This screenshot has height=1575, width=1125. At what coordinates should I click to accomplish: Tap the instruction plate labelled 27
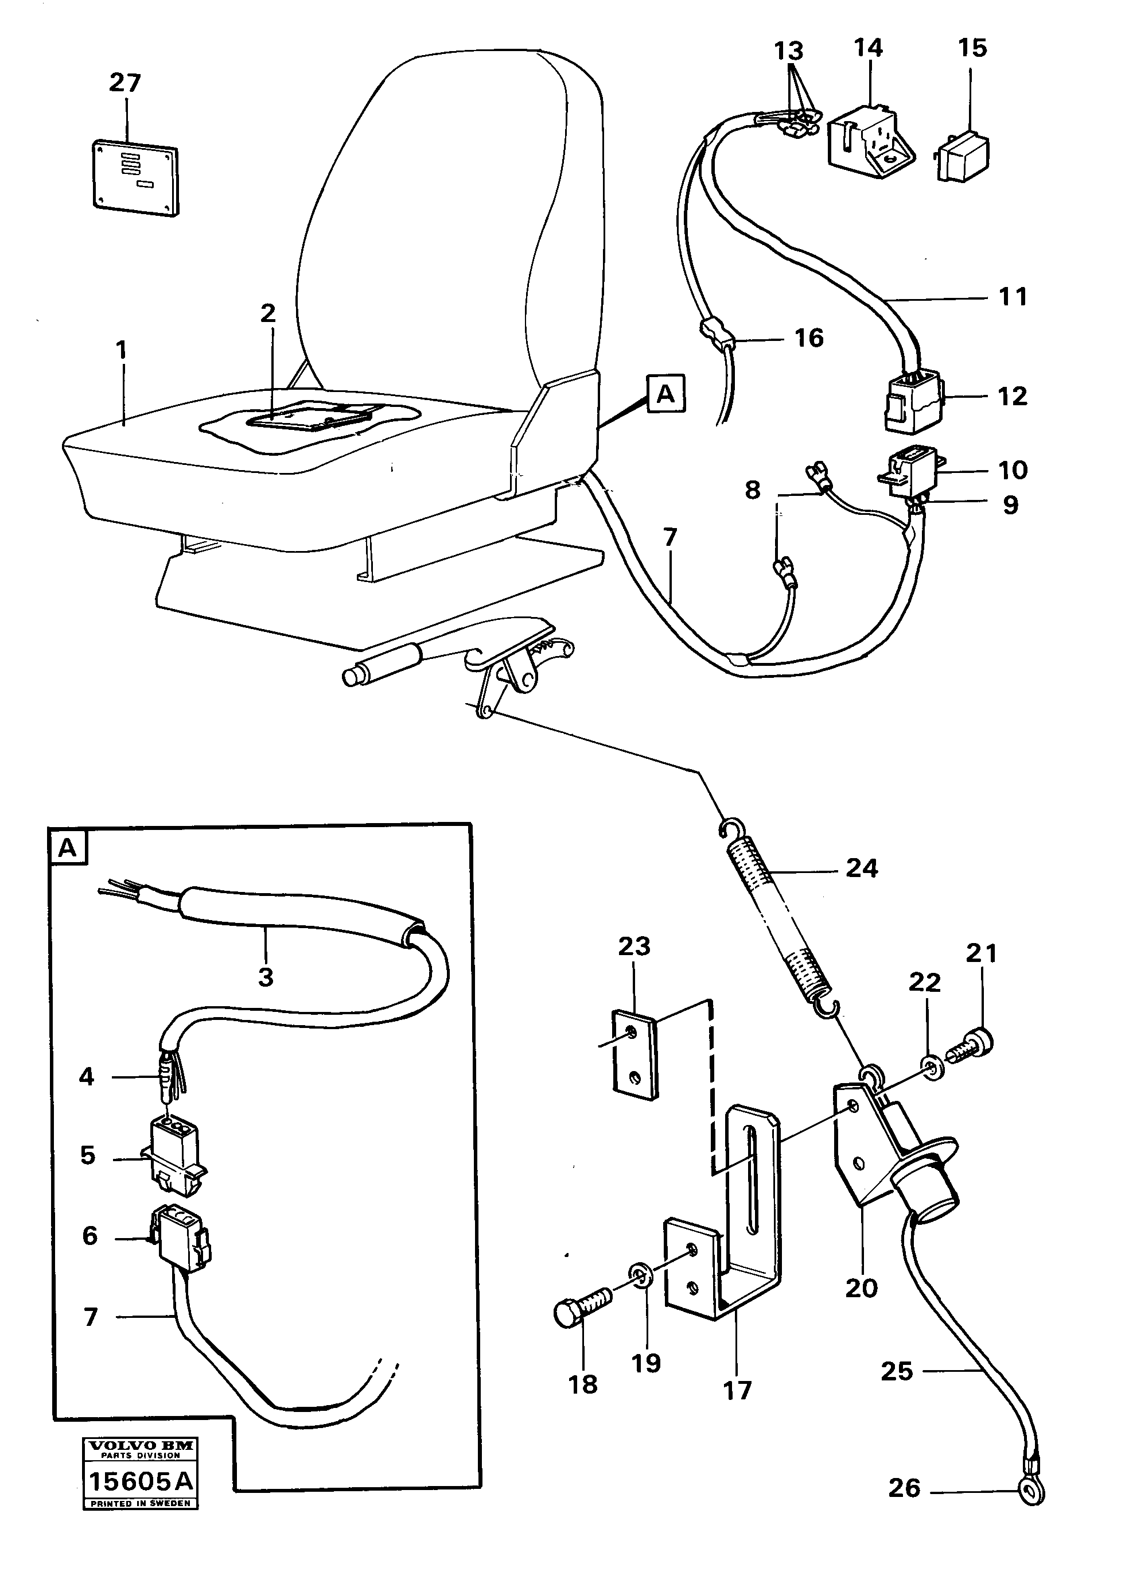(x=135, y=177)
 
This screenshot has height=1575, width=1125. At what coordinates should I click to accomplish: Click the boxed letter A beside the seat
(x=665, y=394)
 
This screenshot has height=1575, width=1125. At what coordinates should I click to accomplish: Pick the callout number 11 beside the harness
(x=1011, y=297)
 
